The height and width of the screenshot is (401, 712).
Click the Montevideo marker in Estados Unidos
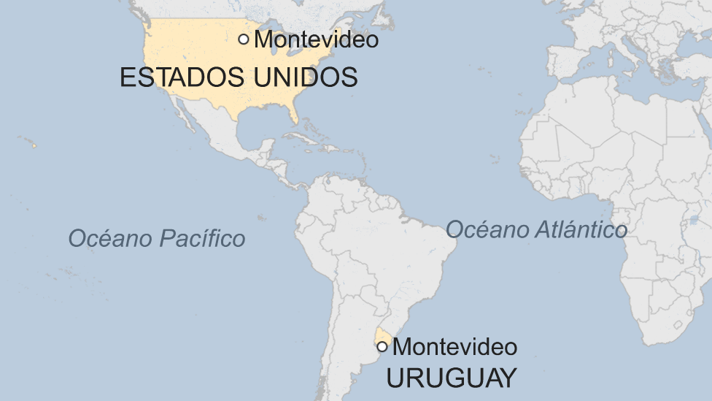click(x=244, y=39)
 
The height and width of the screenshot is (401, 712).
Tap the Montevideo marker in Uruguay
click(x=382, y=346)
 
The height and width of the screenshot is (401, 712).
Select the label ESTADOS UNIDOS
click(x=239, y=77)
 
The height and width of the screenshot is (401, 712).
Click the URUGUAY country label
click(x=451, y=378)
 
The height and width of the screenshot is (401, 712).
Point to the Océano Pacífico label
click(x=156, y=238)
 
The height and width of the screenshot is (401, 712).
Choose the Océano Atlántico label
click(x=536, y=229)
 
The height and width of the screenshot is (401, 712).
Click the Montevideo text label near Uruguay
click(x=454, y=346)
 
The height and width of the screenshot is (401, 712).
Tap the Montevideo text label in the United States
click(x=316, y=39)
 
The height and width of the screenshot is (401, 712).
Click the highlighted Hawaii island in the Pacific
click(x=34, y=146)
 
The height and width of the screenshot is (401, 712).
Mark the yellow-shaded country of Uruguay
click(x=380, y=337)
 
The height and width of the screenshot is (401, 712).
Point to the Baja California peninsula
click(x=182, y=118)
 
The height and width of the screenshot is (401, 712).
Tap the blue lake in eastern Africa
click(x=693, y=219)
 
